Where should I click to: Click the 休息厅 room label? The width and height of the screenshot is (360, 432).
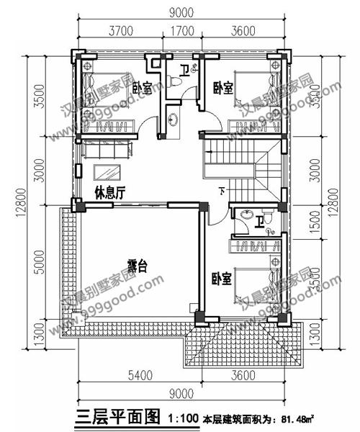click(x=107, y=192)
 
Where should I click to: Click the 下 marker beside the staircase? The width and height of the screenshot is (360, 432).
click(x=221, y=191)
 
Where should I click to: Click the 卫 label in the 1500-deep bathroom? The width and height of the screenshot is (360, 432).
click(x=257, y=222)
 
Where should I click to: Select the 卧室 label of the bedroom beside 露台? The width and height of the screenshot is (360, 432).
click(x=221, y=278)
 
